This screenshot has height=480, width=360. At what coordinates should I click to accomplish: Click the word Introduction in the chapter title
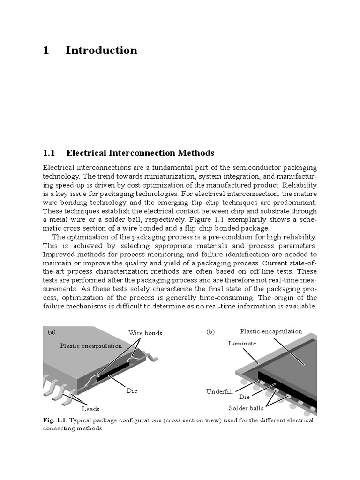point(101,51)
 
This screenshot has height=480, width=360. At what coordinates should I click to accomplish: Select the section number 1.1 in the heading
point(49,153)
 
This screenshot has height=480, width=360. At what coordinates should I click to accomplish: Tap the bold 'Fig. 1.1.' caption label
point(55,420)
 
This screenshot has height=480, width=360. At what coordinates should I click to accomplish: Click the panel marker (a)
point(52,331)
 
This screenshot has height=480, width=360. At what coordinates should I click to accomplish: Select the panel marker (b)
point(210,331)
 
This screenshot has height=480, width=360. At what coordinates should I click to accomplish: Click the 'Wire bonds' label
point(145,333)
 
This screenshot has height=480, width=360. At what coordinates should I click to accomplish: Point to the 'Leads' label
point(90,409)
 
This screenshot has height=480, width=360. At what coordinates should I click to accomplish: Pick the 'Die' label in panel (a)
point(132,390)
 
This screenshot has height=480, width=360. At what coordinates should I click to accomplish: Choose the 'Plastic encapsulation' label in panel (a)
point(90,346)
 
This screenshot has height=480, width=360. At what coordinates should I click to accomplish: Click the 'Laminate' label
point(242,344)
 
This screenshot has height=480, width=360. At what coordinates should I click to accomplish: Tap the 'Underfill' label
point(219,391)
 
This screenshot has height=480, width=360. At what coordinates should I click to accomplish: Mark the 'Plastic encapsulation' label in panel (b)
point(271,331)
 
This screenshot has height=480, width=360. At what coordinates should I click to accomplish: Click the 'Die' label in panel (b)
point(244,397)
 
